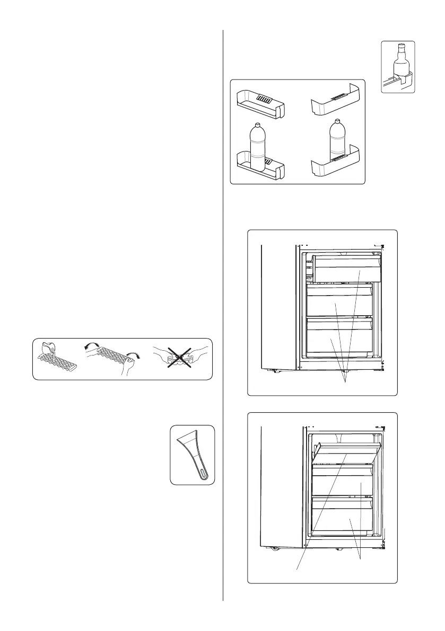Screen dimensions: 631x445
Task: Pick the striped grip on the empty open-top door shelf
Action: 264,99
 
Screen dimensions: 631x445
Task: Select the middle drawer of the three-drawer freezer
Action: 339,302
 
